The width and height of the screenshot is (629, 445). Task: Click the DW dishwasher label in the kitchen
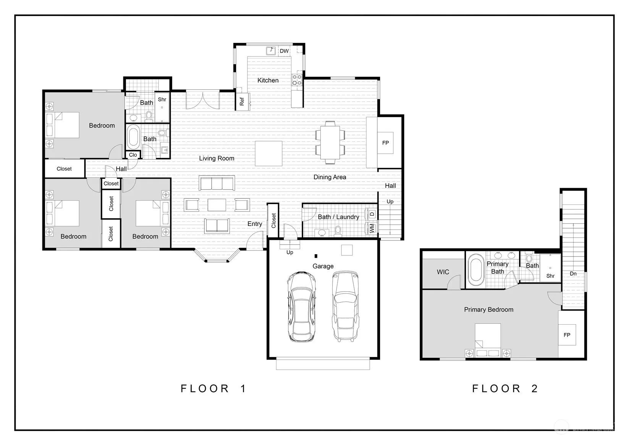[x=284, y=51]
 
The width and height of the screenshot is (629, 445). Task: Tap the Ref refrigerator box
[x=242, y=101]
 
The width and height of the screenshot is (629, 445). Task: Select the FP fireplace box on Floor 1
[x=385, y=143]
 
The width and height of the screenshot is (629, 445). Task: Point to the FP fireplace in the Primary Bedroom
[x=567, y=335]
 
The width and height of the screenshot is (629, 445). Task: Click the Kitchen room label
[x=268, y=80]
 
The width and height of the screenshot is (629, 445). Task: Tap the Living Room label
[x=217, y=158]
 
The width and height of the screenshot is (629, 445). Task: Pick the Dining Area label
[x=330, y=177]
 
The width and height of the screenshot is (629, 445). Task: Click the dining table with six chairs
[x=330, y=142]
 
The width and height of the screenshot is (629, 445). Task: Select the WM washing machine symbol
[x=372, y=228]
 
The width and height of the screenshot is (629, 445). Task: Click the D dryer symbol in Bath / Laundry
[x=372, y=214]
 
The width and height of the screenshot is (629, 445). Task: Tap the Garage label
[x=323, y=266]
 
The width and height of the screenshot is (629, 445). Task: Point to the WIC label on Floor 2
[x=443, y=272]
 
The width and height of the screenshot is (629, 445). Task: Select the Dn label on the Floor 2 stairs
[x=573, y=273]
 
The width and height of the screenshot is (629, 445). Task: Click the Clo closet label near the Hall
[x=133, y=155]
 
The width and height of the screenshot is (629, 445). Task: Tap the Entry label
[x=255, y=224]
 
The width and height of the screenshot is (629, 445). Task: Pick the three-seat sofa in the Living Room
[x=217, y=183]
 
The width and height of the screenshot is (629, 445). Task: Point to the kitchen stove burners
[x=297, y=80]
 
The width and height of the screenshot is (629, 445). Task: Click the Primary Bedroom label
[x=488, y=310]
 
